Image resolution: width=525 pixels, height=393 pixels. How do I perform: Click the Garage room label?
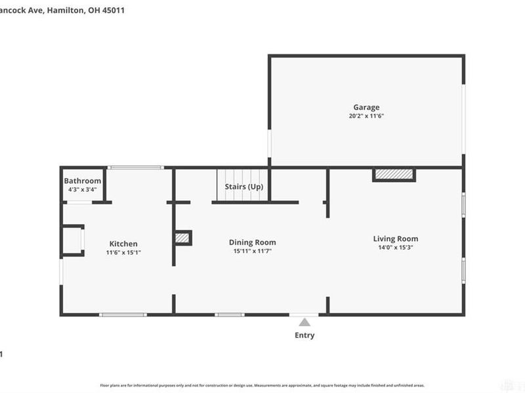(x=366, y=107)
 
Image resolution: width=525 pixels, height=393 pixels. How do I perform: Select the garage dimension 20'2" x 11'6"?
(x=366, y=116)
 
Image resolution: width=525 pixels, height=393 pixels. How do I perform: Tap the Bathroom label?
(x=83, y=181)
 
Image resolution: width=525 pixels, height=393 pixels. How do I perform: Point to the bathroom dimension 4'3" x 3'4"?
(x=83, y=190)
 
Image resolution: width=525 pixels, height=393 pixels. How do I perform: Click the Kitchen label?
(x=123, y=244)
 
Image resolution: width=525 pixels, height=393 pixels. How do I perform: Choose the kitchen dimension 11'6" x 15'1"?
(x=123, y=252)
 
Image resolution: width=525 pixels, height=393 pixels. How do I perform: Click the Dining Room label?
(x=252, y=242)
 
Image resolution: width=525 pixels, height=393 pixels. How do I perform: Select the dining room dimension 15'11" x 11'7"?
(x=252, y=251)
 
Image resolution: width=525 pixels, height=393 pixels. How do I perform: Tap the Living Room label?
(x=396, y=238)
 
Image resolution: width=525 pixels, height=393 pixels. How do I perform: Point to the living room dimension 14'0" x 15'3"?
(x=396, y=248)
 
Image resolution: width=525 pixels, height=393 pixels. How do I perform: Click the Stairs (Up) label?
(x=244, y=187)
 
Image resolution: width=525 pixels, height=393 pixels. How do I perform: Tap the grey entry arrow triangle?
(x=304, y=322)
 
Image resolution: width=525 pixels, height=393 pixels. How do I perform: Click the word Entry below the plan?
(x=304, y=335)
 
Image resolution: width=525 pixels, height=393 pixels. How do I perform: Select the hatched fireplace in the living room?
(x=394, y=174)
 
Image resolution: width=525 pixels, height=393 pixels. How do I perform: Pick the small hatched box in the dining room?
(x=182, y=238)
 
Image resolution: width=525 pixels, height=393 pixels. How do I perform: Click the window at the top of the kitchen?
(x=135, y=168)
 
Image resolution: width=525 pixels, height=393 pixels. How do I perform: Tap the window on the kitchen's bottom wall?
(x=123, y=315)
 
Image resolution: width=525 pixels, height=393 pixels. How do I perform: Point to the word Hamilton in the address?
(x=64, y=10)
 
